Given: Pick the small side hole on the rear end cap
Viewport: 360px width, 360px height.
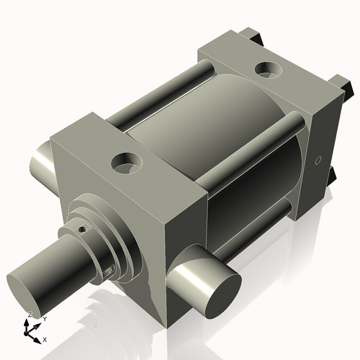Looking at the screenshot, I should [317, 161].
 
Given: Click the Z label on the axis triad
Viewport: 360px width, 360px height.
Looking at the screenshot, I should [29, 315].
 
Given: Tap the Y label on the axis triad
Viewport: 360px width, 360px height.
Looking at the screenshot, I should [44, 318].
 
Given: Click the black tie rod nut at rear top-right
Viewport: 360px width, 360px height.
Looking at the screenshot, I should [345, 84].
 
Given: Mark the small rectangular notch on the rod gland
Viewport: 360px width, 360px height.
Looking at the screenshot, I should [109, 271].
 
